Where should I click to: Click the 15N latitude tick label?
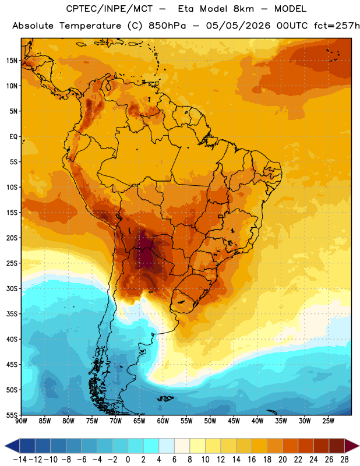(x=12, y=61)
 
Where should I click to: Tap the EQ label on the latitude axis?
(x=13, y=137)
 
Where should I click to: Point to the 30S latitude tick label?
(x=12, y=288)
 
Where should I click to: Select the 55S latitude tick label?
(x=12, y=415)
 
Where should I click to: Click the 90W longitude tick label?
(x=21, y=421)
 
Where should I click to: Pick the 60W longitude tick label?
(x=163, y=421)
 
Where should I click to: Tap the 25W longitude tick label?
(x=328, y=421)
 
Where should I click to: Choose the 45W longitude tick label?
(x=234, y=421)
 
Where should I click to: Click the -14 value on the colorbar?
(x=20, y=460)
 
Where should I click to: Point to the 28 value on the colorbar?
(x=344, y=460)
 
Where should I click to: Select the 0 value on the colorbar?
(x=128, y=460)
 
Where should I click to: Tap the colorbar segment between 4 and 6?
(x=167, y=446)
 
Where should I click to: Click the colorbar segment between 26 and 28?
(x=337, y=446)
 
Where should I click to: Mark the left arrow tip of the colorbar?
(x=5, y=446)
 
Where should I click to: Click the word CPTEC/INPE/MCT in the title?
(x=110, y=9)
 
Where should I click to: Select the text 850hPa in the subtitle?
(x=167, y=26)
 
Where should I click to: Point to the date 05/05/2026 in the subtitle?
(x=238, y=26)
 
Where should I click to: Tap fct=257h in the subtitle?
(x=337, y=26)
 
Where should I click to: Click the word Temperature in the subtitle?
(x=90, y=26)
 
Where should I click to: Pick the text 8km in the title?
(x=243, y=9)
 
